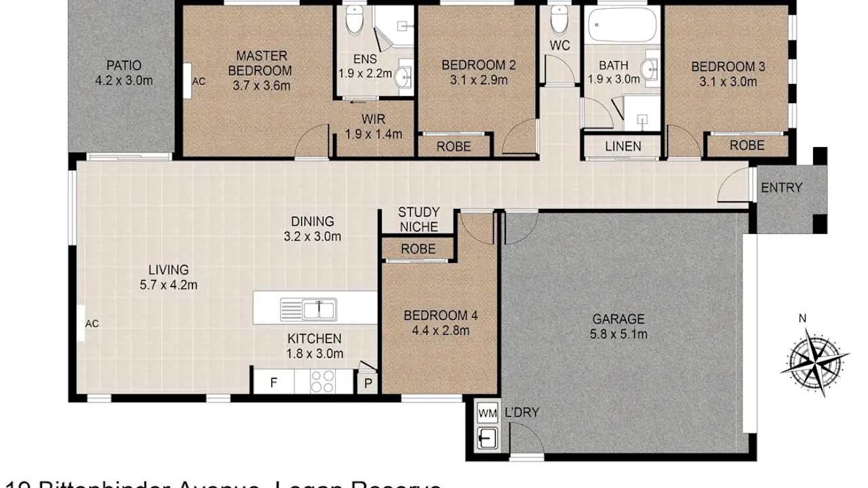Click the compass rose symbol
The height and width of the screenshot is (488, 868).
[x=814, y=361]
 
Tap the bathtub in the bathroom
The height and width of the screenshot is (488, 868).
[x=622, y=26]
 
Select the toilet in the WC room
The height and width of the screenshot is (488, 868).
[x=559, y=20]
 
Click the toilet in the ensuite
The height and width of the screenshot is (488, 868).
[x=355, y=22]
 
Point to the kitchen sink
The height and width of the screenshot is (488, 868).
[x=309, y=310]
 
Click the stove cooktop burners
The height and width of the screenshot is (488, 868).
[x=323, y=382]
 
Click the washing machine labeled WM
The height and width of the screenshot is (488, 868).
[x=486, y=413]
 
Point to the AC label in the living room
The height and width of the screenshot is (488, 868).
[x=92, y=324]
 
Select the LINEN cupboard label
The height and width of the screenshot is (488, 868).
[x=623, y=146]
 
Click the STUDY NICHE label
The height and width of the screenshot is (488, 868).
[x=418, y=220]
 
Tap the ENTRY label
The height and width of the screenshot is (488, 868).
[x=781, y=188]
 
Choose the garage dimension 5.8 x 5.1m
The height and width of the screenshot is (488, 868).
[x=618, y=334]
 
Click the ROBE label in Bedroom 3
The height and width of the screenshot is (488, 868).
[x=747, y=146]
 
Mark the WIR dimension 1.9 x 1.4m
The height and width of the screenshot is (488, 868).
[x=373, y=134]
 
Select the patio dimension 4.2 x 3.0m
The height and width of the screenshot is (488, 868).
[x=124, y=81]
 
